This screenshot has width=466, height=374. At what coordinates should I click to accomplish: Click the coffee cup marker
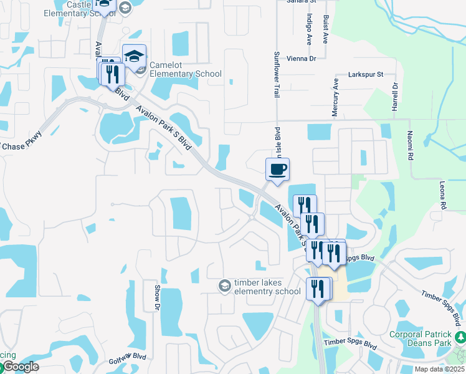pyautogui.click(x=277, y=170)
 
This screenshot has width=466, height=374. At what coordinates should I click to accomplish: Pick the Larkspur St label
pyautogui.click(x=373, y=74)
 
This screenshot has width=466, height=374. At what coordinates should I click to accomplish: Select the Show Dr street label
pyautogui.click(x=156, y=298)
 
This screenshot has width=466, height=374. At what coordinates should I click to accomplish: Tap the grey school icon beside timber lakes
pyautogui.click(x=224, y=285)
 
